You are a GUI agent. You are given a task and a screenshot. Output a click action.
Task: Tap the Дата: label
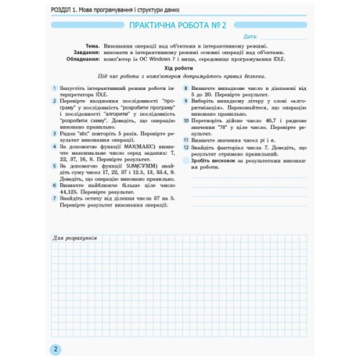pyautogui.click(x=251, y=35)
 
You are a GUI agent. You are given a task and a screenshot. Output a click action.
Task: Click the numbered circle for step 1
pyautogui.click(x=54, y=87)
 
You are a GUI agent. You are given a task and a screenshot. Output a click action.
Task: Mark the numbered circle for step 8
pyautogui.click(x=186, y=87)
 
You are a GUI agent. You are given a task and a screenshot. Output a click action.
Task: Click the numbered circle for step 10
pyautogui.click(x=186, y=120)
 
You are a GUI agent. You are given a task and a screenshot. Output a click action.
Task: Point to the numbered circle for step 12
pyautogui.click(x=186, y=147)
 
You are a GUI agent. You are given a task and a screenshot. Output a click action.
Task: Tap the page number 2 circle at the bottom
pyautogui.click(x=55, y=349)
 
